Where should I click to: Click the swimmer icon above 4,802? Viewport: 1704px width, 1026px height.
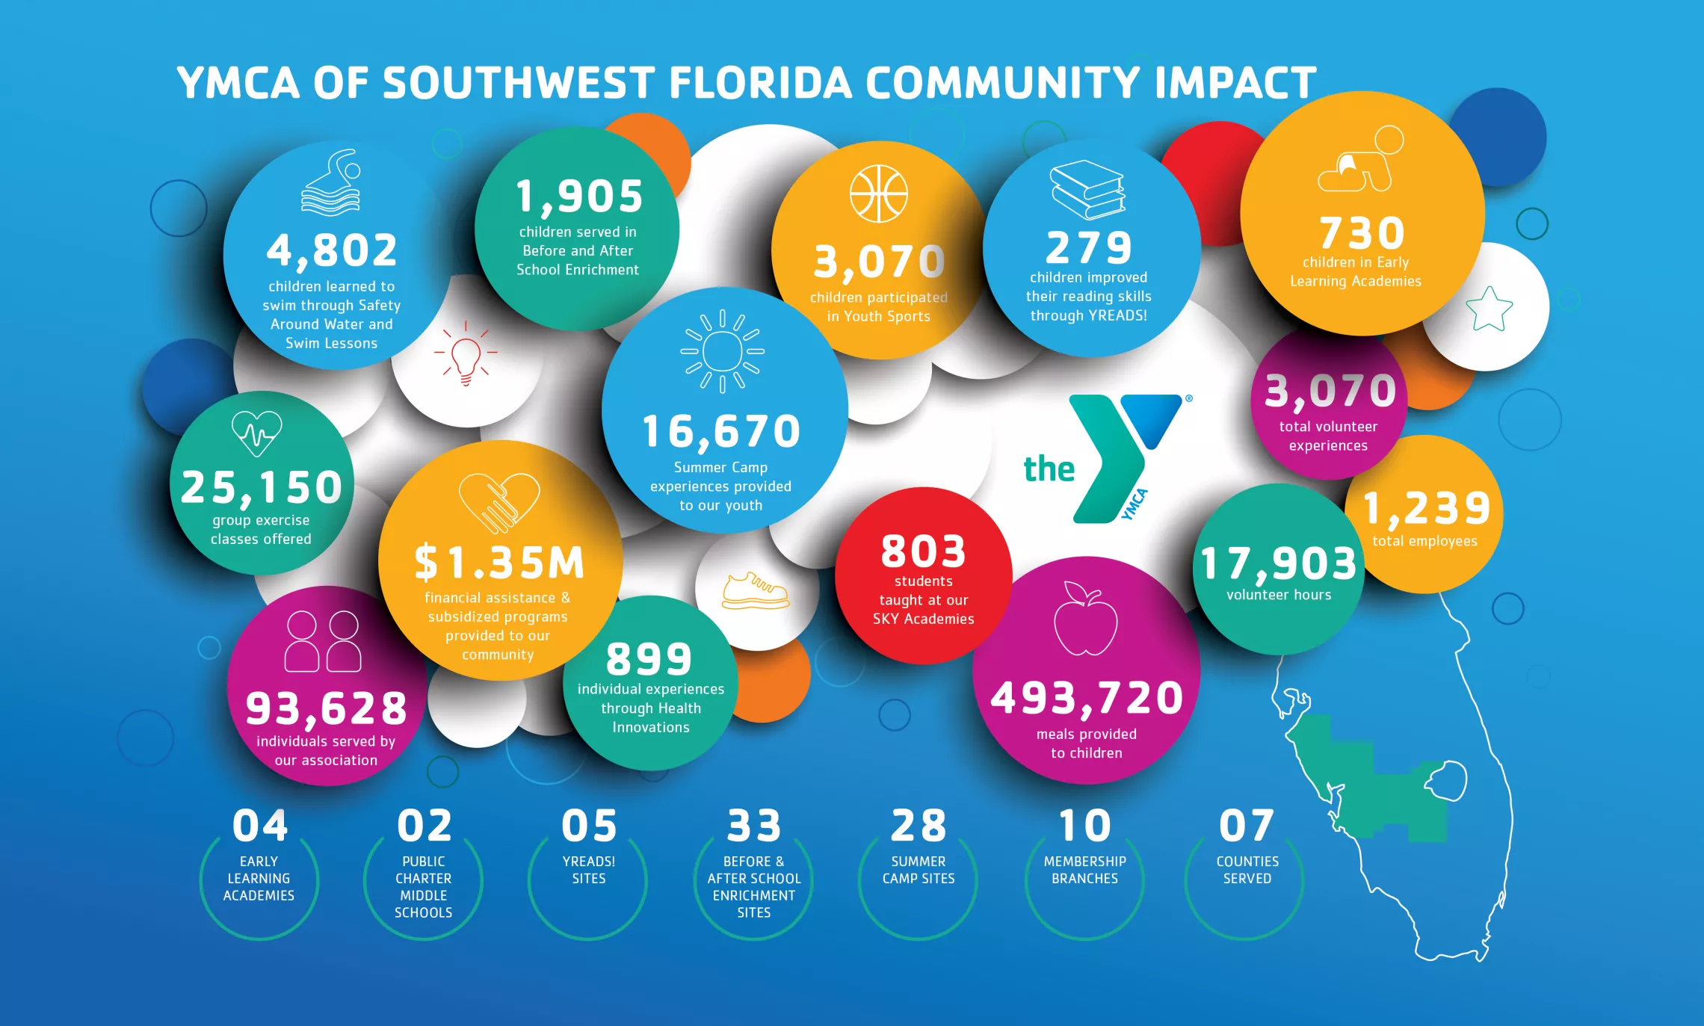coord(331,183)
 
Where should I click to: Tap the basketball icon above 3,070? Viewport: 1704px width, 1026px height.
coord(878,194)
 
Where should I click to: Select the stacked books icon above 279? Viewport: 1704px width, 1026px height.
coord(1087,189)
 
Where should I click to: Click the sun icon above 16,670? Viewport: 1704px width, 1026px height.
coord(722,350)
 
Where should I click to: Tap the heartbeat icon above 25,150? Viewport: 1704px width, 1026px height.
coord(256,433)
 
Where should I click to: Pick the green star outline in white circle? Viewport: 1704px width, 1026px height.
coord(1489,309)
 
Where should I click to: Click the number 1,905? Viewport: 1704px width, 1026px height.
coord(579,197)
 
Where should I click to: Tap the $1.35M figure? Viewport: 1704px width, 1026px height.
coord(499,563)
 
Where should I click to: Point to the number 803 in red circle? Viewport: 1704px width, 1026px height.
coord(924,551)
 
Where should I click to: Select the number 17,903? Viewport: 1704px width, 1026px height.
coord(1279,563)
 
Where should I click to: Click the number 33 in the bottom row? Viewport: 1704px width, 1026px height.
coord(753,826)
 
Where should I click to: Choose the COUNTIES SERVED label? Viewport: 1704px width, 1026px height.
coord(1247,870)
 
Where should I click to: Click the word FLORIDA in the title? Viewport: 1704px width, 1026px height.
coord(760,82)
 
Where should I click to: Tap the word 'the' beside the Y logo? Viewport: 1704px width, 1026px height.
coord(1049,469)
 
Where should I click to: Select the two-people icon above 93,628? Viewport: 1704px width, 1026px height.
coord(323,641)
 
